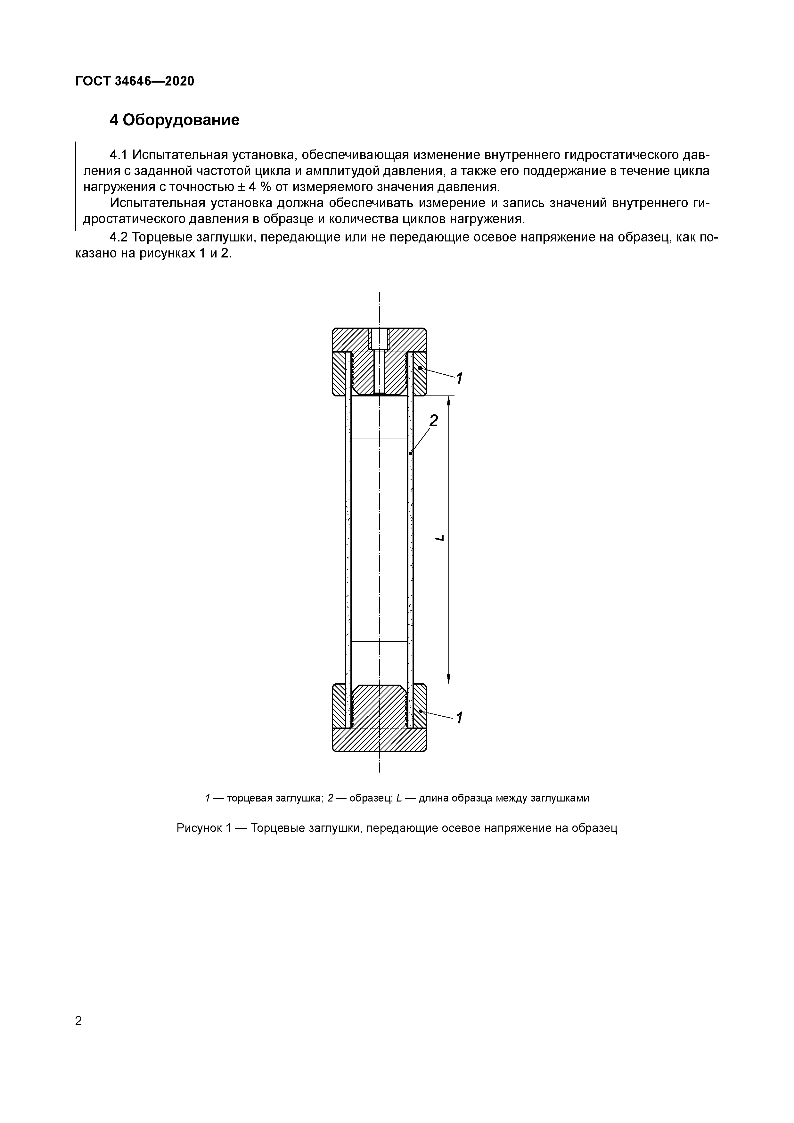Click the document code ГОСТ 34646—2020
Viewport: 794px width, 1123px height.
(x=135, y=81)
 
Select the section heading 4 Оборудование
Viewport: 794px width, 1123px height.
(x=175, y=120)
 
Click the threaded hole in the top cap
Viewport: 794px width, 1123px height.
(x=379, y=338)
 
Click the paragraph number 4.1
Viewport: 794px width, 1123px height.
(x=119, y=155)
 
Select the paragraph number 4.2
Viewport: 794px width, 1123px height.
(x=119, y=237)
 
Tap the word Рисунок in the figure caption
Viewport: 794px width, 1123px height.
(x=199, y=828)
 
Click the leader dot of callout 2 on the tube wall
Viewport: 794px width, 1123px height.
(x=411, y=454)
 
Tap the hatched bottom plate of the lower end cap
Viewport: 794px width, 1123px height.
(x=379, y=739)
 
